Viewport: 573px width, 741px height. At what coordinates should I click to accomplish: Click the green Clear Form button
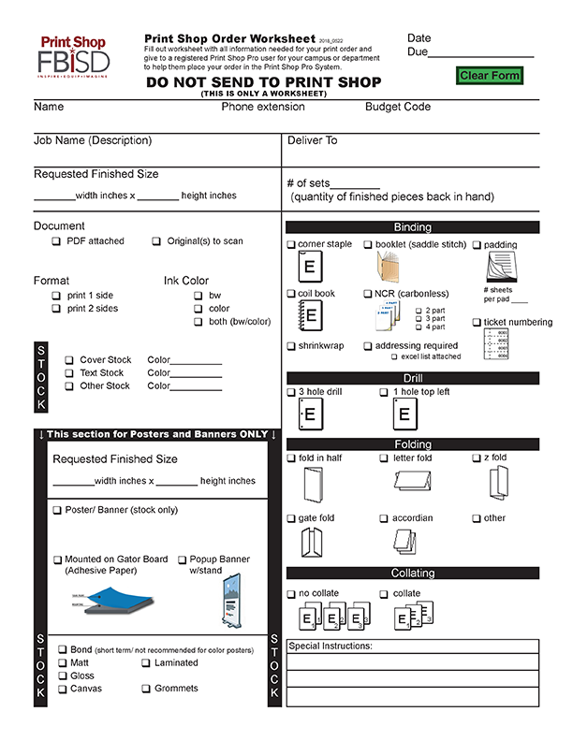pos(489,76)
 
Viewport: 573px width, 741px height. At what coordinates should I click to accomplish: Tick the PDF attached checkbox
pos(56,241)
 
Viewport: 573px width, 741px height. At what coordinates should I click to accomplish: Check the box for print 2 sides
pos(56,309)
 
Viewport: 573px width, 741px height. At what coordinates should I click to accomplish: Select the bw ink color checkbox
pos(198,296)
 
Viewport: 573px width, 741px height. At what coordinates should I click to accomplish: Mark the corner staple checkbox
pos(291,245)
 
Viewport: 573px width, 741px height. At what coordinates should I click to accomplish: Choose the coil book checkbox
pos(291,294)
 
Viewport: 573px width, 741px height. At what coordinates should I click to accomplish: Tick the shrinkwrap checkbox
pos(291,346)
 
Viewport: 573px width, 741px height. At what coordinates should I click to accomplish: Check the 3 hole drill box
pos(291,393)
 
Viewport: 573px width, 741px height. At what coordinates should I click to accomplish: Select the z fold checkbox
pos(477,458)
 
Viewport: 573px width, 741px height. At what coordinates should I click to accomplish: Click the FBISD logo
pos(73,58)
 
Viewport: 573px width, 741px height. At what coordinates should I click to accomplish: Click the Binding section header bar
pos(412,227)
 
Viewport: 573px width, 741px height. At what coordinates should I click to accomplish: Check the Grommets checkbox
pos(146,689)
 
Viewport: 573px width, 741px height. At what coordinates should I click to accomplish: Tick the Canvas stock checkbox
pos(62,689)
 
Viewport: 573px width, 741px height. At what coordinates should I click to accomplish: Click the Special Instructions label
pos(331,647)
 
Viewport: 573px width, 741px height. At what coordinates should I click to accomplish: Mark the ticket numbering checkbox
pos(477,323)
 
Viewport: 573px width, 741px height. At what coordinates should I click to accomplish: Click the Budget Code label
pos(398,108)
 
